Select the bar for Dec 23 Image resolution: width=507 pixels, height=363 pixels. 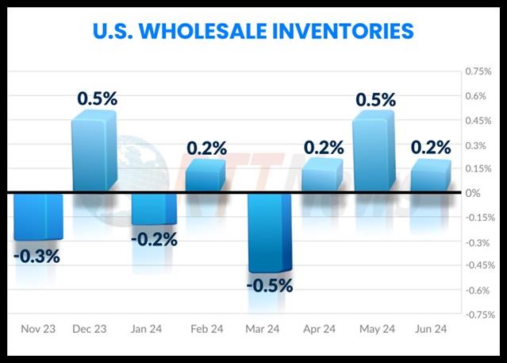pos(94,153)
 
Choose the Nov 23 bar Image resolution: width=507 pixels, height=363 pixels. pos(38,216)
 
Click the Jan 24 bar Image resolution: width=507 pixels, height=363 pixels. pos(153,209)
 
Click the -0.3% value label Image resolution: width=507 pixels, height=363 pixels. pos(37,256)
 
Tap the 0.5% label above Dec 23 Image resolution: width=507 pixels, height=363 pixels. pos(97,98)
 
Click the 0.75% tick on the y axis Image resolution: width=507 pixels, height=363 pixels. pos(479,71)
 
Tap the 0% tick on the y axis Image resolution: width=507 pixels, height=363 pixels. pos(472,193)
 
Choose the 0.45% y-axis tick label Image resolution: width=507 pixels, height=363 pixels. pos(479,121)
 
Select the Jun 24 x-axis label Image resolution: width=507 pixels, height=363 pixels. pos(431,328)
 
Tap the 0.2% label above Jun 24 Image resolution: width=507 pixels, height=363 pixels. pos(431,148)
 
